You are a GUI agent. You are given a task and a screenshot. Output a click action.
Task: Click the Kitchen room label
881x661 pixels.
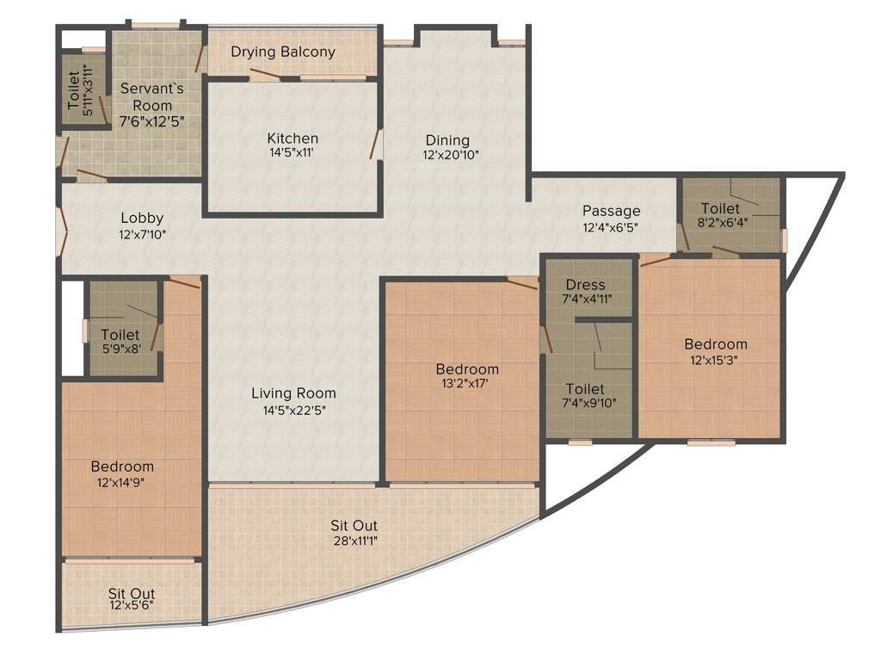click(x=293, y=138)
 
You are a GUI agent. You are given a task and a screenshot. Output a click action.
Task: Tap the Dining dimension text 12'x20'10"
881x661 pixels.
click(x=449, y=156)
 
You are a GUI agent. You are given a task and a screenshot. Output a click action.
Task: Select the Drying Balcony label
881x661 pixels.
click(x=282, y=52)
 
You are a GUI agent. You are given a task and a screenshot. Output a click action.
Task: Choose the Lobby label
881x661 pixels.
click(x=142, y=218)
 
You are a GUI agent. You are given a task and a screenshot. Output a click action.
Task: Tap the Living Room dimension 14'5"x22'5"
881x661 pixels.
click(x=293, y=410)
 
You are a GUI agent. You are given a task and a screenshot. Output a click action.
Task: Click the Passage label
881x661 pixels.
click(x=611, y=211)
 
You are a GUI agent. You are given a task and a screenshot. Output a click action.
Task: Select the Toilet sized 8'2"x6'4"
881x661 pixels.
click(x=720, y=209)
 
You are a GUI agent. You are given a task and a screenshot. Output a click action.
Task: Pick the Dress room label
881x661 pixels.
click(x=585, y=285)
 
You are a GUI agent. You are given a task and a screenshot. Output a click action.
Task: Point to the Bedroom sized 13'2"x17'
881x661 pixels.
click(x=467, y=369)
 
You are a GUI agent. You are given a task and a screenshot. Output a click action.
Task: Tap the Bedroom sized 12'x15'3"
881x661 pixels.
click(x=716, y=344)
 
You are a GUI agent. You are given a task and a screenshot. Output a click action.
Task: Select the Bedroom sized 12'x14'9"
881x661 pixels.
click(x=122, y=466)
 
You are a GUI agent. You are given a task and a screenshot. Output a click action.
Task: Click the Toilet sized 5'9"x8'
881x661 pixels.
click(x=120, y=335)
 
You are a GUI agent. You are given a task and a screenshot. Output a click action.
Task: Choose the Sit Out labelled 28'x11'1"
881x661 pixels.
click(x=354, y=525)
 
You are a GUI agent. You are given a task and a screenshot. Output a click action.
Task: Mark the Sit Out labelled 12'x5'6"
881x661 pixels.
click(x=132, y=594)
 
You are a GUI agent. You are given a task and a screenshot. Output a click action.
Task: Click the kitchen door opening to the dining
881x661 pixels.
click(x=377, y=145)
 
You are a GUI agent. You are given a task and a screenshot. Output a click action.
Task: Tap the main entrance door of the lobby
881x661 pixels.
click(x=62, y=231)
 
